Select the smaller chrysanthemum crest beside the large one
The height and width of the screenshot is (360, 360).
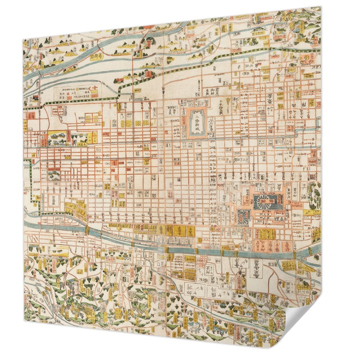tap(243, 215)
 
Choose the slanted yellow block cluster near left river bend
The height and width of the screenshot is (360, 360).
tap(75, 206)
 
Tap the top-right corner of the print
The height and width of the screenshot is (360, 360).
tap(320, 7)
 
